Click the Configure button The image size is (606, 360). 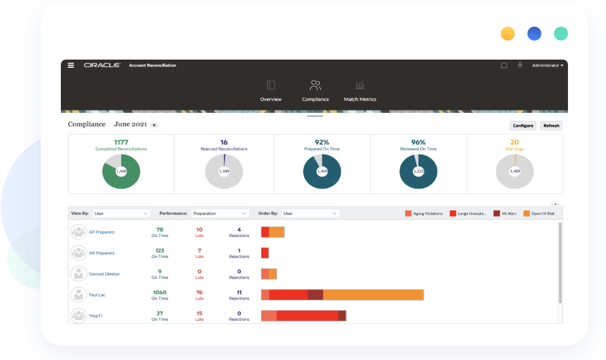coord(523,125)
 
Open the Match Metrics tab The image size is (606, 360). coord(359,91)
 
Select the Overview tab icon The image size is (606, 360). coord(271,85)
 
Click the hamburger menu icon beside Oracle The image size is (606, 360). coord(71,65)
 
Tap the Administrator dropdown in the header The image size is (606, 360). coord(548,65)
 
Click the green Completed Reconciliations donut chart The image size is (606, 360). coord(121,171)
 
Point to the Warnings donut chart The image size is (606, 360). coord(515,171)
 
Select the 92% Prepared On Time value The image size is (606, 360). coord(321,142)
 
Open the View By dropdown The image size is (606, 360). coord(121,214)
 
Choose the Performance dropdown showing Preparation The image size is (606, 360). coord(219,214)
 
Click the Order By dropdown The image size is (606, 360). coord(310,214)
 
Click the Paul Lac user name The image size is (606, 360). coord(97,295)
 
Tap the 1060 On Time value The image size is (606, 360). coord(160,292)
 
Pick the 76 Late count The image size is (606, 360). coord(199,292)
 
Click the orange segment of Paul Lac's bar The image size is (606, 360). coord(373,295)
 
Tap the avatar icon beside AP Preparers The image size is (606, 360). coord(78,232)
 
